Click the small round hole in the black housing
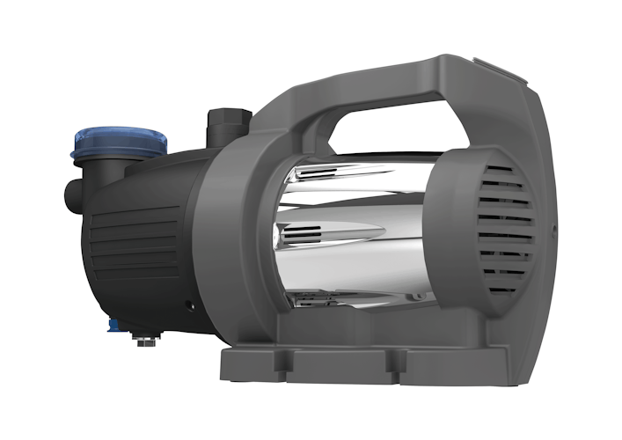(189, 307)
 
